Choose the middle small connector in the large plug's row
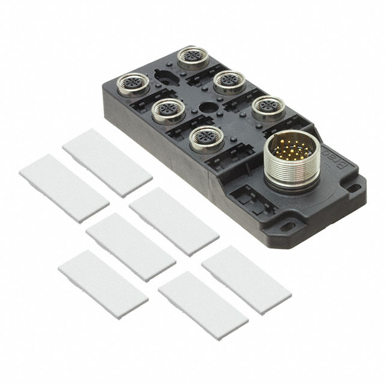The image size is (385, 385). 227,81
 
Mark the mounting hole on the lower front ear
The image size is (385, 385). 283,228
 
